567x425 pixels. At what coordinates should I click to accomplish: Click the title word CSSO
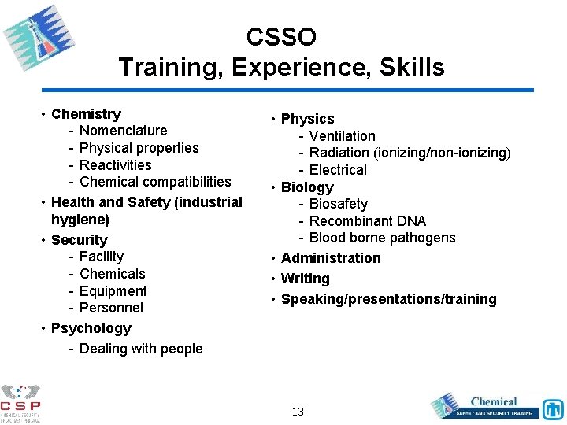281,37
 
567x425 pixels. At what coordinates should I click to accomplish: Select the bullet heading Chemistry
86,114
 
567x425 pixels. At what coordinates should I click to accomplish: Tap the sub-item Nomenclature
123,131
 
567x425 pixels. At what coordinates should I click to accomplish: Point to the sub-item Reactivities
115,165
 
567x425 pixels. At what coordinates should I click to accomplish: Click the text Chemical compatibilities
155,183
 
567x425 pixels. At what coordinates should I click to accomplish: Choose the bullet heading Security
79,240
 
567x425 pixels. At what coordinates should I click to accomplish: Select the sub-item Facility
101,257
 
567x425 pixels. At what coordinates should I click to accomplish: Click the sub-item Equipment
113,291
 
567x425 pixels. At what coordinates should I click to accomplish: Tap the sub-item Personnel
111,308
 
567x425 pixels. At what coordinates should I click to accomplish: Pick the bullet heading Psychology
91,328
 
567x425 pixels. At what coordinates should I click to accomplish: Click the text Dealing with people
141,349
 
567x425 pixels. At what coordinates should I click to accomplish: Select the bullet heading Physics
307,119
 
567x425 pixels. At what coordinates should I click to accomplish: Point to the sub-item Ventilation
342,136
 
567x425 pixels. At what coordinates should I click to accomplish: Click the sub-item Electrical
338,170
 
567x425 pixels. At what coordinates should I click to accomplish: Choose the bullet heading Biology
307,187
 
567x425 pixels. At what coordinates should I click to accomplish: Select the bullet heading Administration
330,258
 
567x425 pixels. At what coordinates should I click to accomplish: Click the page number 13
298,412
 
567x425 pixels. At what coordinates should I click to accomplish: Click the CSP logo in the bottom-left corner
21,401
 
